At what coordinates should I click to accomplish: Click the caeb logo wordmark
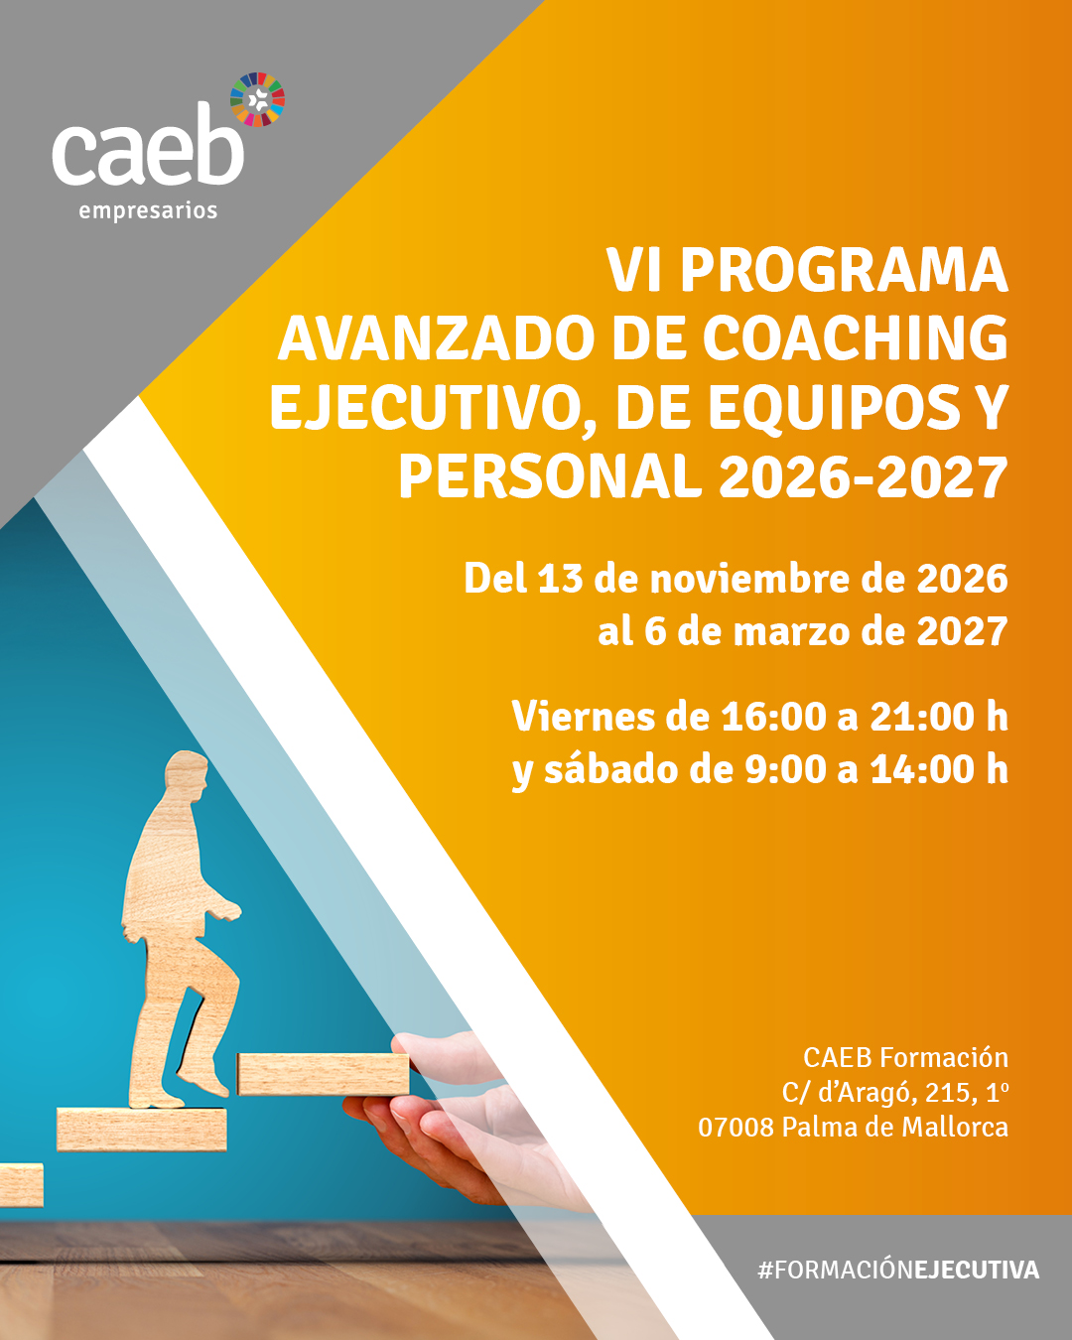click(148, 145)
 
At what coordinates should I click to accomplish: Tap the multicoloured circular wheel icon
click(257, 99)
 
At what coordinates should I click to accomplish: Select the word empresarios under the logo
click(148, 211)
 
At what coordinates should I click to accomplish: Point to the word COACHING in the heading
click(856, 339)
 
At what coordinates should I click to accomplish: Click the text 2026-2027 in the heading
click(864, 477)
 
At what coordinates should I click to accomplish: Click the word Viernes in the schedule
click(583, 717)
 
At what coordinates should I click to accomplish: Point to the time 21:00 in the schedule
click(914, 717)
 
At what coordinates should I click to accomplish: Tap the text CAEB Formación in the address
click(905, 1058)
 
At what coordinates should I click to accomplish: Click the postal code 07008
click(736, 1128)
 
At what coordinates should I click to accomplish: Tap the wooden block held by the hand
click(323, 1074)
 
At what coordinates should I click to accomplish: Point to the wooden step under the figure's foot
click(141, 1129)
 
